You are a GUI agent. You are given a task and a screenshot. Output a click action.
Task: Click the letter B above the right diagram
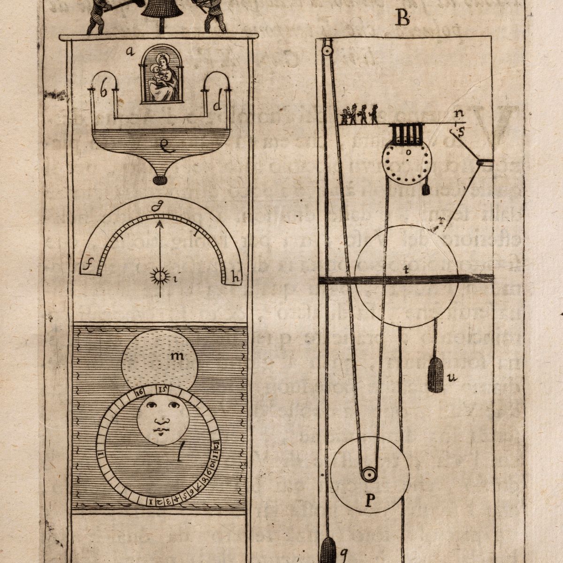coord(402,19)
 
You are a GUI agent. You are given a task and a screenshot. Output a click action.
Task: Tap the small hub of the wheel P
coord(369,475)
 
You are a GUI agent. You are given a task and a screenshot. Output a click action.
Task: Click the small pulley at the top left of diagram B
coord(327,46)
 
